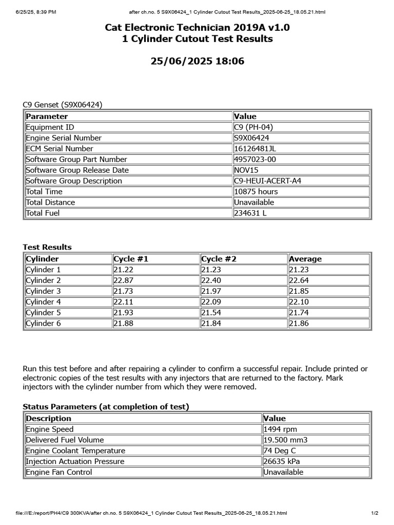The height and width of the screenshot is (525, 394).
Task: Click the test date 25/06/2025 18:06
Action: point(197,62)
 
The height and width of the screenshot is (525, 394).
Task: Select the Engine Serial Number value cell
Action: point(251,138)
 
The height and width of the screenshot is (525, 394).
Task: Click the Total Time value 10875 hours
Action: point(255,191)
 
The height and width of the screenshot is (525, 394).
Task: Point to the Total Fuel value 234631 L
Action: point(250,213)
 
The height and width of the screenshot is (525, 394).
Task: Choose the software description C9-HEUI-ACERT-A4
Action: point(268,180)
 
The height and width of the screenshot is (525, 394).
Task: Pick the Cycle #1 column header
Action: point(131,259)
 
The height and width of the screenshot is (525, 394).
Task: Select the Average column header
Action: point(305,259)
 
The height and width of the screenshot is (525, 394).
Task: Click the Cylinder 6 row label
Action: point(43,324)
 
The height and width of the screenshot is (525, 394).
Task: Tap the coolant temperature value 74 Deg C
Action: point(280,451)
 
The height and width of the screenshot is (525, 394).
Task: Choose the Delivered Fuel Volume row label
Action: point(65,440)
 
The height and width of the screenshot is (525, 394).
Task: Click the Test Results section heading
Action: point(47,247)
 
